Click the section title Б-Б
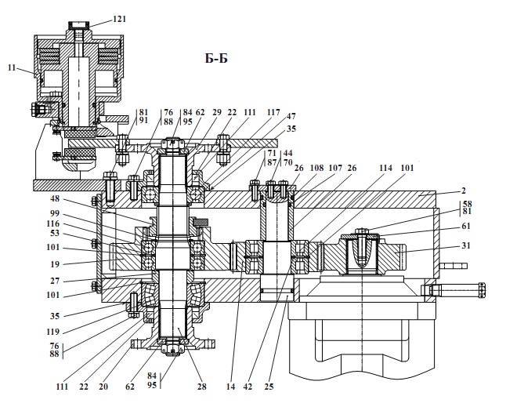[216, 58]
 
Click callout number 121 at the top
[119, 19]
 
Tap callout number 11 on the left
[12, 67]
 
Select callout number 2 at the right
[464, 191]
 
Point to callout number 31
[466, 245]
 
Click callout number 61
[466, 226]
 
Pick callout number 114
[385, 168]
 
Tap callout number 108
[316, 168]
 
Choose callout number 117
[273, 112]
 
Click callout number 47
[291, 116]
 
